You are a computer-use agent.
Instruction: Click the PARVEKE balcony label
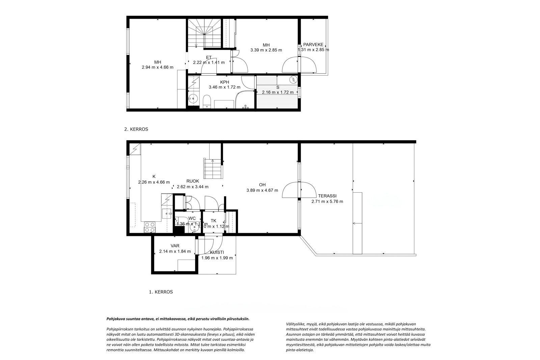pos(313,45)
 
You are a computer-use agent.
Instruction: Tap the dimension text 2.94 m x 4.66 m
pos(158,67)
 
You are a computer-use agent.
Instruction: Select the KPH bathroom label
pos(224,82)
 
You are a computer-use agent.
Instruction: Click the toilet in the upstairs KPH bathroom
pos(207,101)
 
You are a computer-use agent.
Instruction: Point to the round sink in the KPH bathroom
pos(193,99)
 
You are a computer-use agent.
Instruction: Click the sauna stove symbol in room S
pos(293,80)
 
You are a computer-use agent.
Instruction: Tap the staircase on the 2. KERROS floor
pos(204,34)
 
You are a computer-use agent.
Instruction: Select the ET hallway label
pos(209,57)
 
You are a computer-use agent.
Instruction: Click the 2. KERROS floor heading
pos(136,129)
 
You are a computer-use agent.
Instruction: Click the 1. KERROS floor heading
pos(161,292)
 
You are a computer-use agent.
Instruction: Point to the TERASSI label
pos(327,196)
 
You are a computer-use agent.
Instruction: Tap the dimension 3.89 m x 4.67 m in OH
pos(262,190)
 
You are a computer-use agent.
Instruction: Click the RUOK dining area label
pos(192,181)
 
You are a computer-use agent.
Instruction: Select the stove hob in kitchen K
pos(150,227)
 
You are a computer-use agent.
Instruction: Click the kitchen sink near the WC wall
pos(167,214)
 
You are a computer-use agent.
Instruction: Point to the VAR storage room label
pos(175,246)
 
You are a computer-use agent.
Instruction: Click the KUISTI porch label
pos(217,252)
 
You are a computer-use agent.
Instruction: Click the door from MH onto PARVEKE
pos(300,65)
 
